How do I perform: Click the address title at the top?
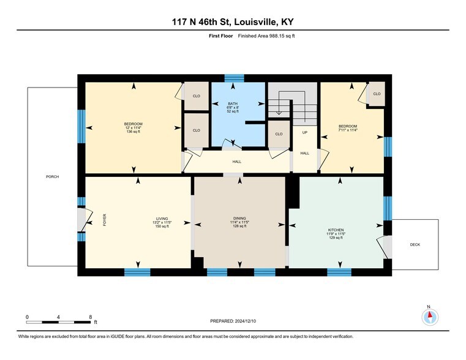233,23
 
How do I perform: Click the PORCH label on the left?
52,177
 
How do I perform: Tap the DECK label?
415,245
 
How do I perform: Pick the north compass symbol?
430,316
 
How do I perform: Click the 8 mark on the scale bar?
90,317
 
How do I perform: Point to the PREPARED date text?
233,321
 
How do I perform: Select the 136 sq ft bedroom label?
133,132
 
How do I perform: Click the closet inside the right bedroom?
377,94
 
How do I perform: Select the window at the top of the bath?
233,78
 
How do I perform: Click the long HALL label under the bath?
236,162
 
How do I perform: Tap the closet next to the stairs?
279,133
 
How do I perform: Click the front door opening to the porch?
81,220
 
